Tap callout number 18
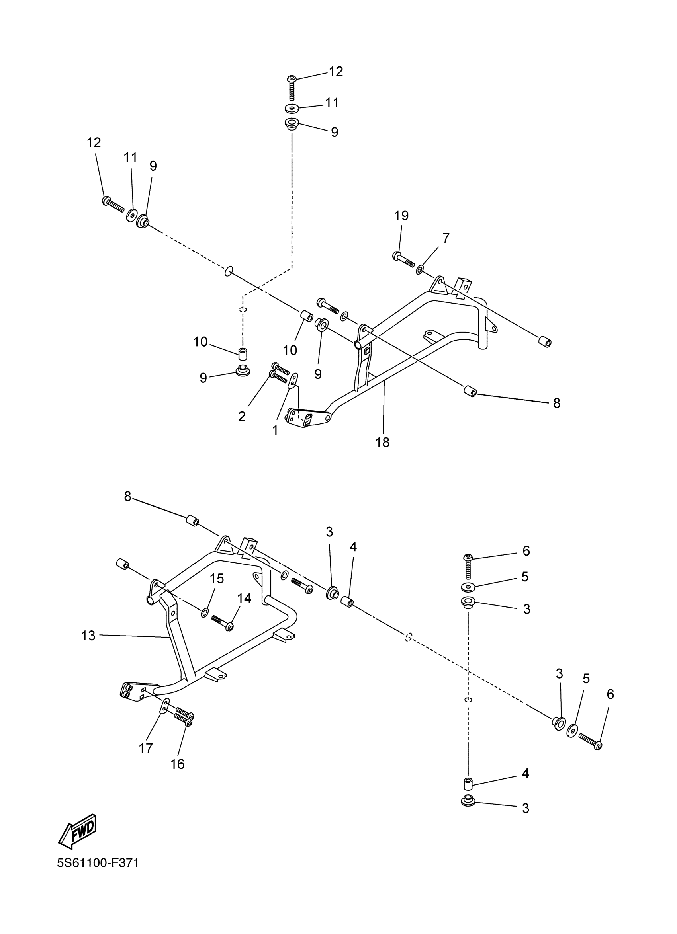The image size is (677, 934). pos(382,442)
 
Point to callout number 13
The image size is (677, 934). pos(88,636)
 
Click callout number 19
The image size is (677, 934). pos(401,215)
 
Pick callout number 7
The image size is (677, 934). pos(446,238)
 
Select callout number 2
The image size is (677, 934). pos(242,416)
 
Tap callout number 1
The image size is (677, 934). pos(275,430)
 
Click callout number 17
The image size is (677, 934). pos(145,748)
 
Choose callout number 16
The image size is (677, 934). pos(178,764)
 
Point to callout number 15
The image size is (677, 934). pos(217,579)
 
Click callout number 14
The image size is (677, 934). pos(245,598)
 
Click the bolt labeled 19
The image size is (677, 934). pos(404,259)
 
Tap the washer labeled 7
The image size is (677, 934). pos(420,270)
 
